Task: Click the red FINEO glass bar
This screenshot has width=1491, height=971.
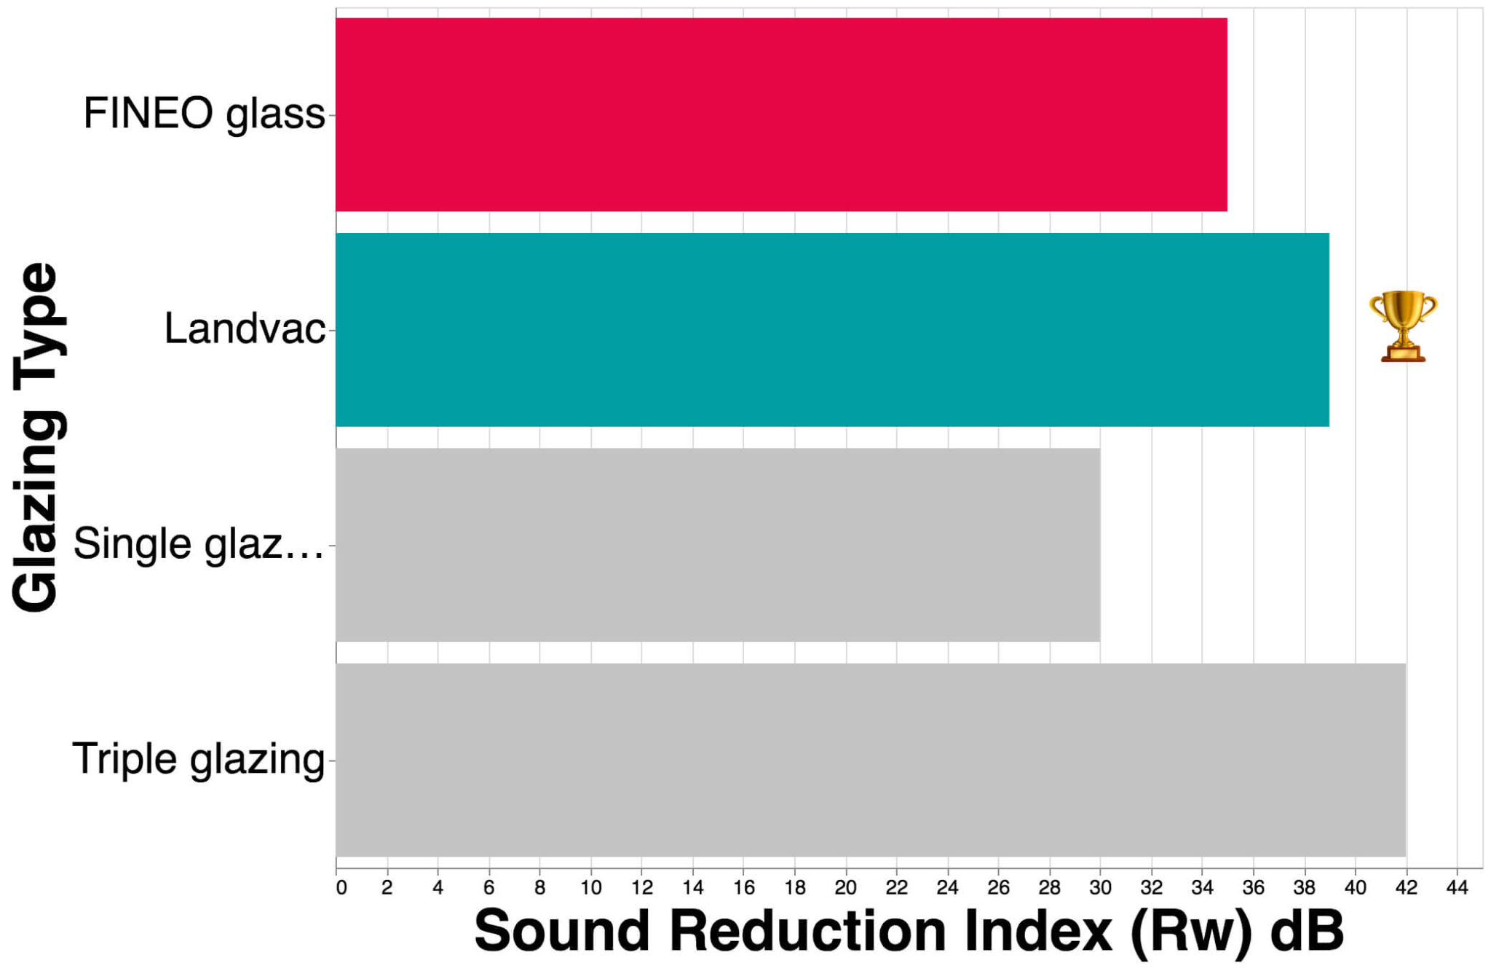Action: tap(781, 115)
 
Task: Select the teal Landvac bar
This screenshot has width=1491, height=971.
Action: tap(832, 330)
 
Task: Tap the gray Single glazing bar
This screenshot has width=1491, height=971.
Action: tap(718, 545)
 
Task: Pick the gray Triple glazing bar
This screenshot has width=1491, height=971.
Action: tap(871, 760)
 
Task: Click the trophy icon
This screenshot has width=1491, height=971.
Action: tap(1403, 326)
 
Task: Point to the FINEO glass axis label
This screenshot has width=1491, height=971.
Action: tap(204, 114)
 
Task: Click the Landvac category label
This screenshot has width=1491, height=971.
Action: tap(245, 329)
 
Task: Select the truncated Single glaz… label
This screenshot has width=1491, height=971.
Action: tap(199, 544)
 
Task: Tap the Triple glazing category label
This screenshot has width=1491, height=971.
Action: tap(198, 760)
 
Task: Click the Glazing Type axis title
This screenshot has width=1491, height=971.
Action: tap(36, 437)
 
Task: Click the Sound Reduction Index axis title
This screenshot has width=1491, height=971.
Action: tap(909, 932)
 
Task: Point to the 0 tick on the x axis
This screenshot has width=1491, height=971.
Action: tap(341, 888)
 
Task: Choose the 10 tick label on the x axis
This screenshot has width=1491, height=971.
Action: tap(590, 888)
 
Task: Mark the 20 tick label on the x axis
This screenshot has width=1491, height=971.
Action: tap(845, 888)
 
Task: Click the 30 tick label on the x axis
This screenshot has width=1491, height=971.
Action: tap(1100, 888)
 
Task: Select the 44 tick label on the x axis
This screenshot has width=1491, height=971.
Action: tap(1457, 888)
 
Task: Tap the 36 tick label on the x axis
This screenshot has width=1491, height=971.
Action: tap(1253, 888)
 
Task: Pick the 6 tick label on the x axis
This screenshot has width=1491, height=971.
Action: tap(489, 888)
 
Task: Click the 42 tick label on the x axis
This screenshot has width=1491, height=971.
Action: tap(1406, 888)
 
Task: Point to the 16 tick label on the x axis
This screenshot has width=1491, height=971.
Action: tap(743, 888)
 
